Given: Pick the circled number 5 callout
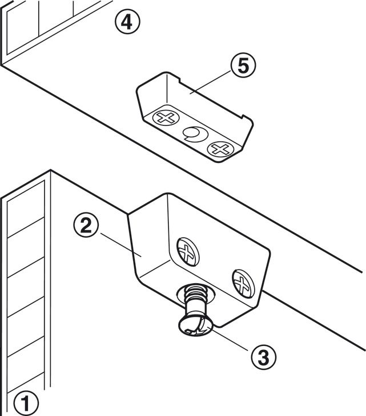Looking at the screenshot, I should pyautogui.click(x=242, y=66).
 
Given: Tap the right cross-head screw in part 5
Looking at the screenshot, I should pyautogui.click(x=218, y=149).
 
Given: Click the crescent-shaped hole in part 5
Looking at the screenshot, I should pyautogui.click(x=192, y=134).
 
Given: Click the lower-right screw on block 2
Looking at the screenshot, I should pyautogui.click(x=242, y=282).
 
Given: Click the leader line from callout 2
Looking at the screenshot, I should pyautogui.click(x=117, y=242).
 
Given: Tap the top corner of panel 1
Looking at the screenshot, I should pyautogui.click(x=51, y=171).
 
